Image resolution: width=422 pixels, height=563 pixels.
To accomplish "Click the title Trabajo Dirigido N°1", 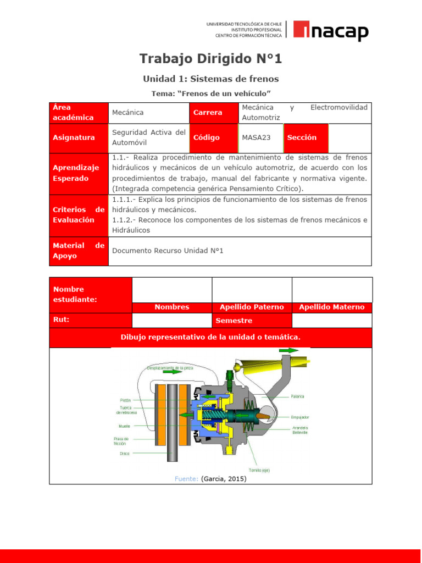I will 210,59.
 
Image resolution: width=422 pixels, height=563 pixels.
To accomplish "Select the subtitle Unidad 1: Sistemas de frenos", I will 211,79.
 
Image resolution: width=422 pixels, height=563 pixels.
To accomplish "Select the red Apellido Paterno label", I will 252,307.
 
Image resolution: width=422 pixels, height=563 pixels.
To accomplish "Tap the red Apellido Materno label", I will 331,307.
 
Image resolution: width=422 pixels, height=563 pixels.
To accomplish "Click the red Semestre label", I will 235,321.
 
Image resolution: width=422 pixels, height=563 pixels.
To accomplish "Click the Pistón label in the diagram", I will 125,401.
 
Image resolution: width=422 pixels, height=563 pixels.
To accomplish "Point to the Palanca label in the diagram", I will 298,396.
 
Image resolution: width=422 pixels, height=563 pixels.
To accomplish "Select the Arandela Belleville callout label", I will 300,430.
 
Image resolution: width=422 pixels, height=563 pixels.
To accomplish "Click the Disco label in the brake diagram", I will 125,454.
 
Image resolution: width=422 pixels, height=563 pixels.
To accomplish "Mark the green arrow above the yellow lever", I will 288,350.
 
